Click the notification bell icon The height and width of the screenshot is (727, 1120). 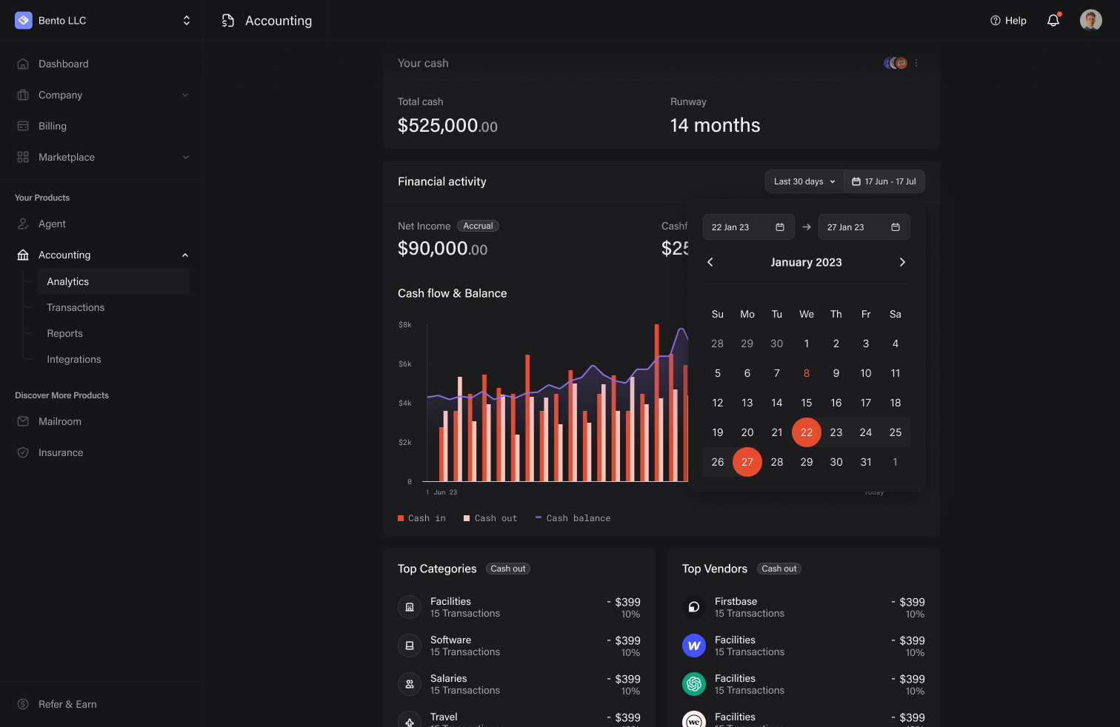[x=1053, y=21]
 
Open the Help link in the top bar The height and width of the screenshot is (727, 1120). [x=1008, y=21]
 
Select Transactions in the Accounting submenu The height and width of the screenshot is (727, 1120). [x=76, y=307]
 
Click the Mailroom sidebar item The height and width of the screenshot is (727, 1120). [x=60, y=421]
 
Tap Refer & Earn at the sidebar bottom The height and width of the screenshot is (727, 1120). [x=67, y=704]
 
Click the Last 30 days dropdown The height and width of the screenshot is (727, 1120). [x=804, y=181]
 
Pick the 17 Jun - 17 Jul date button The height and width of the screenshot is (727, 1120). [x=884, y=181]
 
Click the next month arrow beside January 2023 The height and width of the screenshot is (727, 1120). [x=901, y=262]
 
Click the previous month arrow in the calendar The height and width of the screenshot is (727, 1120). [x=710, y=262]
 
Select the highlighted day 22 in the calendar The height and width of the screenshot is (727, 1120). [x=806, y=432]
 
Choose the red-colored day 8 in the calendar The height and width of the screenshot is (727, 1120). [x=806, y=373]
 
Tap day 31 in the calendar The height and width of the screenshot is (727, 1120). [x=865, y=462]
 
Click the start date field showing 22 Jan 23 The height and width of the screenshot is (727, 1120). [x=747, y=227]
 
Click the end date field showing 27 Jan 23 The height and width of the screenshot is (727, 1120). [x=863, y=227]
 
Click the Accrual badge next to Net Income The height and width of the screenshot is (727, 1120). [x=478, y=226]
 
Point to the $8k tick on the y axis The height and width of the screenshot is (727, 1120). [x=405, y=325]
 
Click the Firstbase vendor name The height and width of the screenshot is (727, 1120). [x=736, y=601]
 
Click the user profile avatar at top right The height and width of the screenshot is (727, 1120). [x=1090, y=21]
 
